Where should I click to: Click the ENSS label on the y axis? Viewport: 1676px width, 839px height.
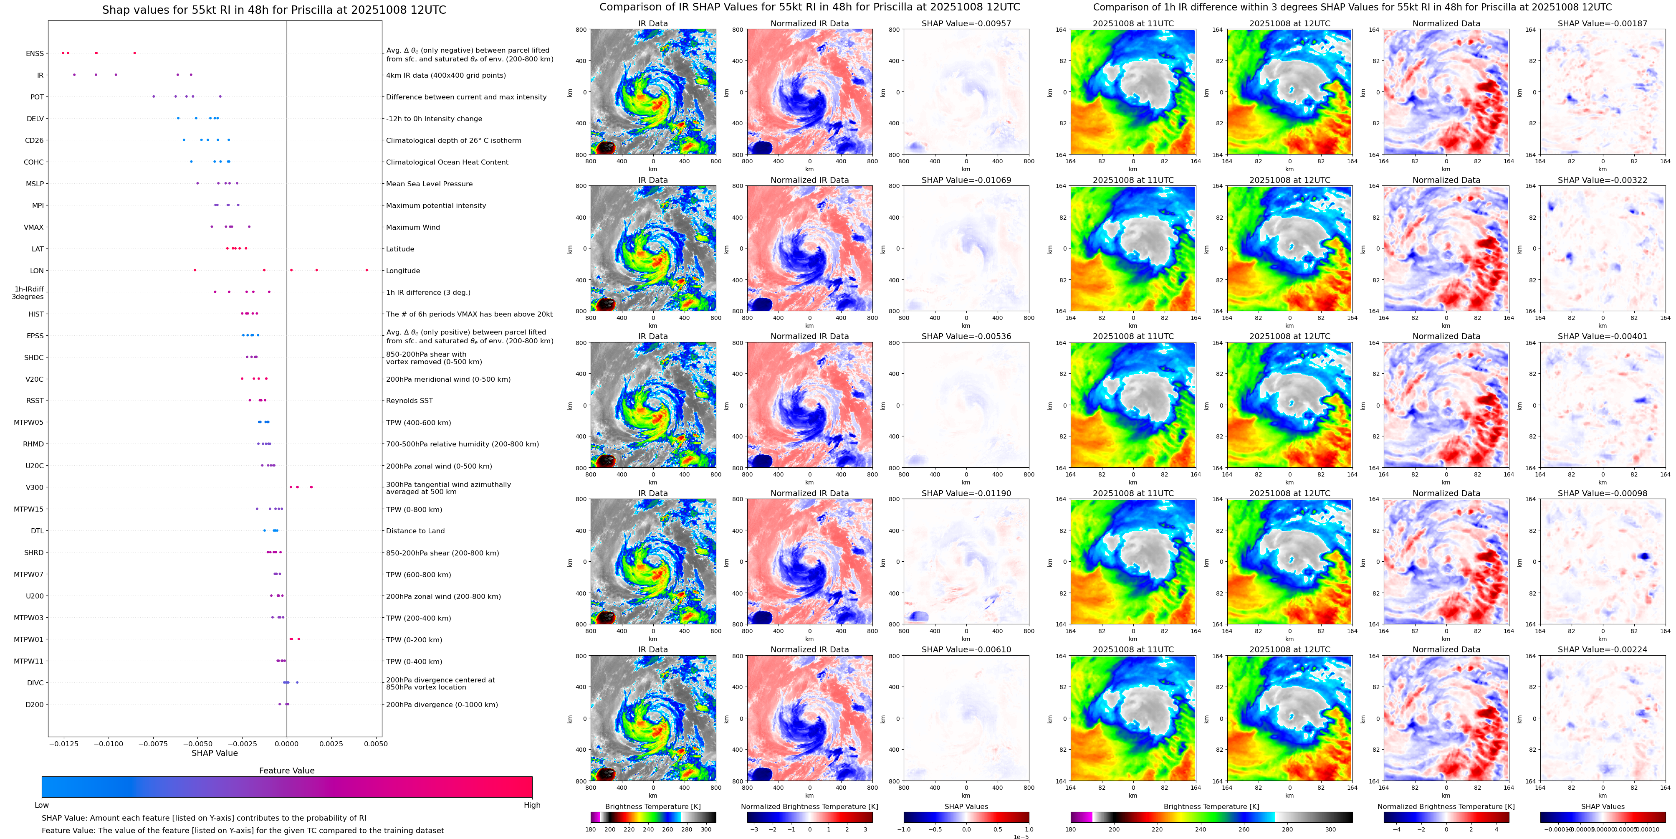(x=35, y=53)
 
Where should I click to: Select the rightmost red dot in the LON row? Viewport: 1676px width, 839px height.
(x=367, y=270)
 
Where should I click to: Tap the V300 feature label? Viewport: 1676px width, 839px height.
(x=35, y=487)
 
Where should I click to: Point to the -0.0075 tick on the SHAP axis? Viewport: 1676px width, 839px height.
(x=152, y=743)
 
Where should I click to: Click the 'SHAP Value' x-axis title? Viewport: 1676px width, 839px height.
(x=214, y=753)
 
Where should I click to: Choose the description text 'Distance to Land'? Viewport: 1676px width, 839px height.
(x=415, y=531)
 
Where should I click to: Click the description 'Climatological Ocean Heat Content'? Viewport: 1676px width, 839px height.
(x=447, y=162)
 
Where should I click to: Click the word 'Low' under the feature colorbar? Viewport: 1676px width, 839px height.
(x=42, y=805)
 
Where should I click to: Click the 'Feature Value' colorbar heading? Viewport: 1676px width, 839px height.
(x=286, y=771)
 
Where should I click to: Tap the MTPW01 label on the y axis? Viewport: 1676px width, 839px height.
(x=29, y=640)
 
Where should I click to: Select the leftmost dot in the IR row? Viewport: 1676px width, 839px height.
(x=74, y=75)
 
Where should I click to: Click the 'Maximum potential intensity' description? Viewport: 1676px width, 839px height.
(x=436, y=206)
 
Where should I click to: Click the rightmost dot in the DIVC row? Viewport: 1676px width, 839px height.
(x=297, y=682)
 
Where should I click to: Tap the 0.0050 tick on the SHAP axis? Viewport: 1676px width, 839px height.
(x=375, y=743)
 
